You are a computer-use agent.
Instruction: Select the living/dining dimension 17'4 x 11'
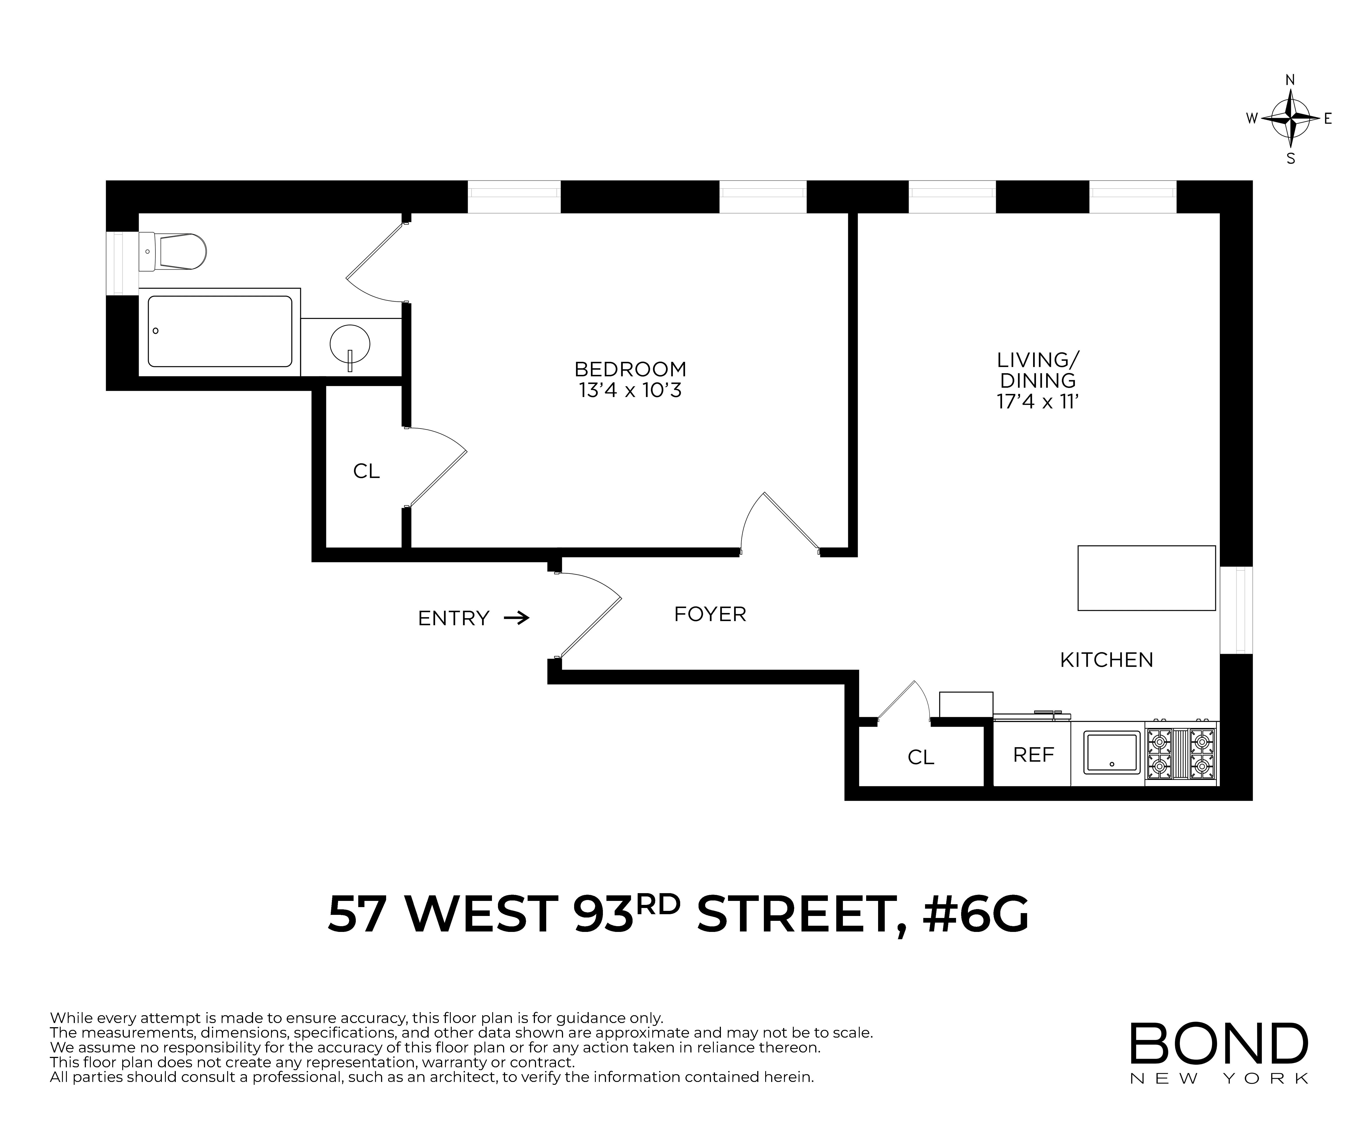pyautogui.click(x=1037, y=401)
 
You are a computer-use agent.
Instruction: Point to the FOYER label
pyautogui.click(x=710, y=614)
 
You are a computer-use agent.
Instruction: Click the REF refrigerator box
pyautogui.click(x=1033, y=754)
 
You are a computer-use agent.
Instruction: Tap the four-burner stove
pyautogui.click(x=1181, y=753)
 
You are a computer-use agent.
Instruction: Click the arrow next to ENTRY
pyautogui.click(x=516, y=618)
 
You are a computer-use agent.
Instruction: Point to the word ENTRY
pyautogui.click(x=453, y=618)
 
